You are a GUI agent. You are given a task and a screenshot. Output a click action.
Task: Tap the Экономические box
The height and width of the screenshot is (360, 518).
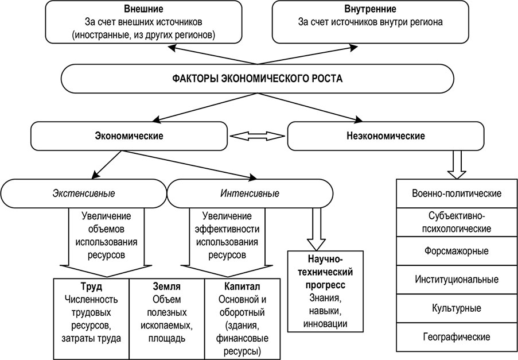coord(128,136)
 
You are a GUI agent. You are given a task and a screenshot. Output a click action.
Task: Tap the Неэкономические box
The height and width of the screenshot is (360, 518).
coord(385,136)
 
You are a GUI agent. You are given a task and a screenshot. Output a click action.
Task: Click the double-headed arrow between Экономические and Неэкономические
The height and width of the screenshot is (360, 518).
coord(257,136)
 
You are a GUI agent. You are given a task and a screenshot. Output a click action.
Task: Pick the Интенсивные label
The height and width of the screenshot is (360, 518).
coord(250,193)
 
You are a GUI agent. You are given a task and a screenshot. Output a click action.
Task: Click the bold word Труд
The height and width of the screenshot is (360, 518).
coord(91,286)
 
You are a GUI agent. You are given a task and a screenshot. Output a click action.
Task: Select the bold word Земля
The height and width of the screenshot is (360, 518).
coord(167,286)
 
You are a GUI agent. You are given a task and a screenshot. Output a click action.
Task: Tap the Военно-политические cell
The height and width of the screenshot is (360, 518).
coord(457,193)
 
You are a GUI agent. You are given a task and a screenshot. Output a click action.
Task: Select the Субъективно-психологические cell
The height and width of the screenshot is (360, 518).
coord(457,222)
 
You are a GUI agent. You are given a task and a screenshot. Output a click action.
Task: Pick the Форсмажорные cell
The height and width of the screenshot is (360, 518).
coord(457,251)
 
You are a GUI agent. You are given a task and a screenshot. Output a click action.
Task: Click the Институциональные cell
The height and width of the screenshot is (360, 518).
coord(457,280)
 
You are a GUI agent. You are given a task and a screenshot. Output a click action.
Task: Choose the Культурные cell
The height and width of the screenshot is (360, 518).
coord(457,308)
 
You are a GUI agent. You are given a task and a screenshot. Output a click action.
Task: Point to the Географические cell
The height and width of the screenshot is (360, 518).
coord(457,336)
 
